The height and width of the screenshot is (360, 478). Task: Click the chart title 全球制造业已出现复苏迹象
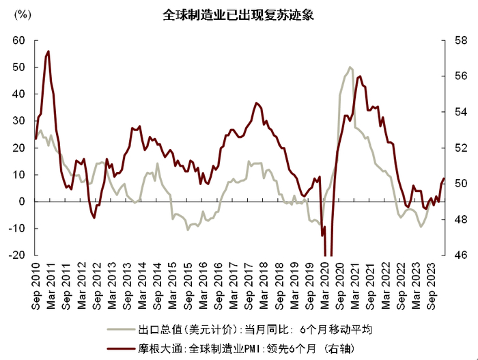click(238, 14)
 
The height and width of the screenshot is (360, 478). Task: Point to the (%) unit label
click(22, 30)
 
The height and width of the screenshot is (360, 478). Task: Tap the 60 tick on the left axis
click(18, 41)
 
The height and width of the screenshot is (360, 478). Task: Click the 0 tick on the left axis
click(22, 202)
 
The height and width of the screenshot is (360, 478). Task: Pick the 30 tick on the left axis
click(18, 121)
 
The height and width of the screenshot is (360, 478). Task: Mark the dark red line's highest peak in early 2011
click(48, 51)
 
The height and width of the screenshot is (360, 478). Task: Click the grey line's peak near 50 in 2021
click(350, 67)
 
